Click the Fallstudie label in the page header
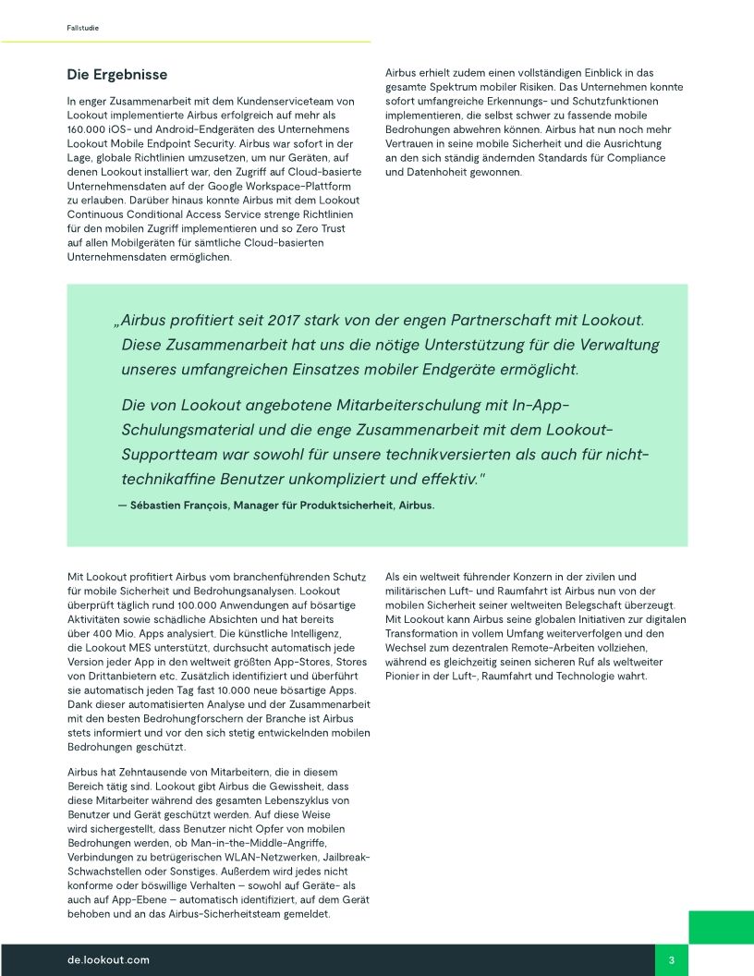tap(82, 29)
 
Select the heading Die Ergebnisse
tap(116, 75)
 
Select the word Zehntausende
tap(156, 772)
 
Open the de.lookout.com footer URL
tap(108, 960)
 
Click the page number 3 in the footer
tap(672, 960)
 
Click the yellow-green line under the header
tap(185, 42)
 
